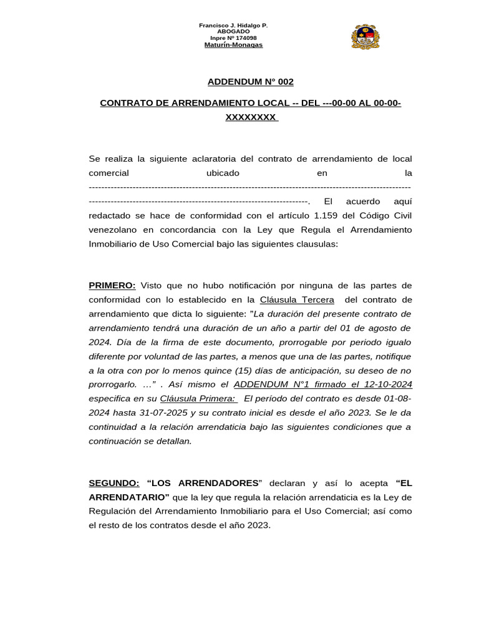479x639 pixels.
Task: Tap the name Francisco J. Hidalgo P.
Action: click(x=233, y=25)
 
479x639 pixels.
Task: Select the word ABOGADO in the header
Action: click(x=233, y=31)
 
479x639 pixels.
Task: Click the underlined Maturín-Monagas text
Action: click(x=233, y=45)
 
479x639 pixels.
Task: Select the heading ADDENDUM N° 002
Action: click(x=250, y=82)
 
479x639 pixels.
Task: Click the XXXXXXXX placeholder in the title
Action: click(x=250, y=117)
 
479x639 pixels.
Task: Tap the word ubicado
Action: click(x=223, y=172)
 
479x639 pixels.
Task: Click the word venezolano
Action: click(x=114, y=230)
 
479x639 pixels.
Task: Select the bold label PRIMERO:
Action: click(x=112, y=285)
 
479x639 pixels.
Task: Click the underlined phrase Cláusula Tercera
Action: click(x=297, y=300)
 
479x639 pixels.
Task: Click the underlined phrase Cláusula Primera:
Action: click(x=198, y=399)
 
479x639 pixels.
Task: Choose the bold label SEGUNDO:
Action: click(x=114, y=483)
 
